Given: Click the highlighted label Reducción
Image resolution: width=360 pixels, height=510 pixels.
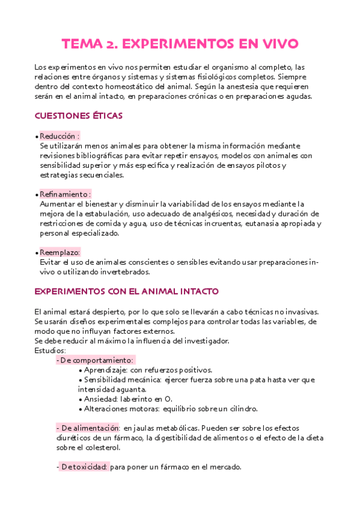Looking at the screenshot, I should pyautogui.click(x=59, y=137).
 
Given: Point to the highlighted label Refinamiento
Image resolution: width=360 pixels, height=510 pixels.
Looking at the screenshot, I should pyautogui.click(x=65, y=195).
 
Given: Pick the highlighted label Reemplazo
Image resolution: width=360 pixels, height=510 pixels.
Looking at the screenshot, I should pyautogui.click(x=60, y=253).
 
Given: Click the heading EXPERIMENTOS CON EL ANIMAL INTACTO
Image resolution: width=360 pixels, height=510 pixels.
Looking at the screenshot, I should pyautogui.click(x=127, y=291).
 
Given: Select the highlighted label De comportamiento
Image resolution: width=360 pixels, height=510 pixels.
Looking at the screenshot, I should pyautogui.click(x=96, y=360).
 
